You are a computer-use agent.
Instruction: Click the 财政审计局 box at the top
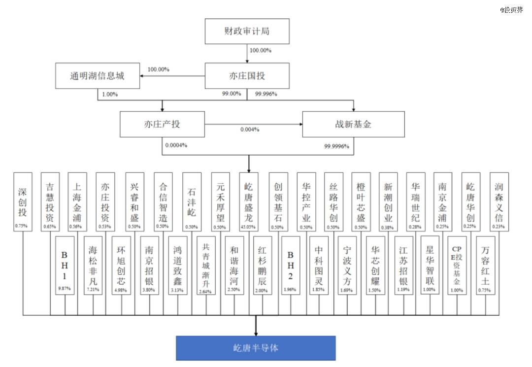(x=246, y=33)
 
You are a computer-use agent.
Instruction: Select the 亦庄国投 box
(x=246, y=76)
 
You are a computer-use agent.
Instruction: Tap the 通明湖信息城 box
(x=97, y=76)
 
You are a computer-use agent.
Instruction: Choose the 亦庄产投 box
(x=162, y=124)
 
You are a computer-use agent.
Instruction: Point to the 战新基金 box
(x=353, y=124)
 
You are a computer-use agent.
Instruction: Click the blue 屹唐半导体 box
(x=256, y=348)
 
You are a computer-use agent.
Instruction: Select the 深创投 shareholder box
(x=23, y=202)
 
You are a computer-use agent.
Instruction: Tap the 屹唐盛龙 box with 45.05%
(x=249, y=202)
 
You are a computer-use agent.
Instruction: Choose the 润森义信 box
(x=499, y=202)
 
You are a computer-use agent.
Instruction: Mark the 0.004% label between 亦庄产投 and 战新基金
(x=250, y=130)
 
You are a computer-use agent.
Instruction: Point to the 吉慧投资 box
(x=50, y=202)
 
